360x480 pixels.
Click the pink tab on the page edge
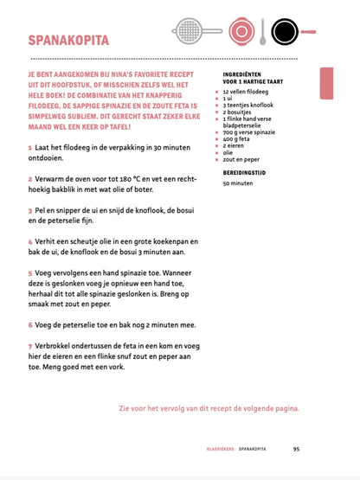pyautogui.click(x=326, y=83)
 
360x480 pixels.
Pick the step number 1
pyautogui.click(x=30, y=149)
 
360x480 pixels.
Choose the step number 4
pyautogui.click(x=30, y=242)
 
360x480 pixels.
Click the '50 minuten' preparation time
pyautogui.click(x=238, y=183)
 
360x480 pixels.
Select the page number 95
pyautogui.click(x=296, y=449)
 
